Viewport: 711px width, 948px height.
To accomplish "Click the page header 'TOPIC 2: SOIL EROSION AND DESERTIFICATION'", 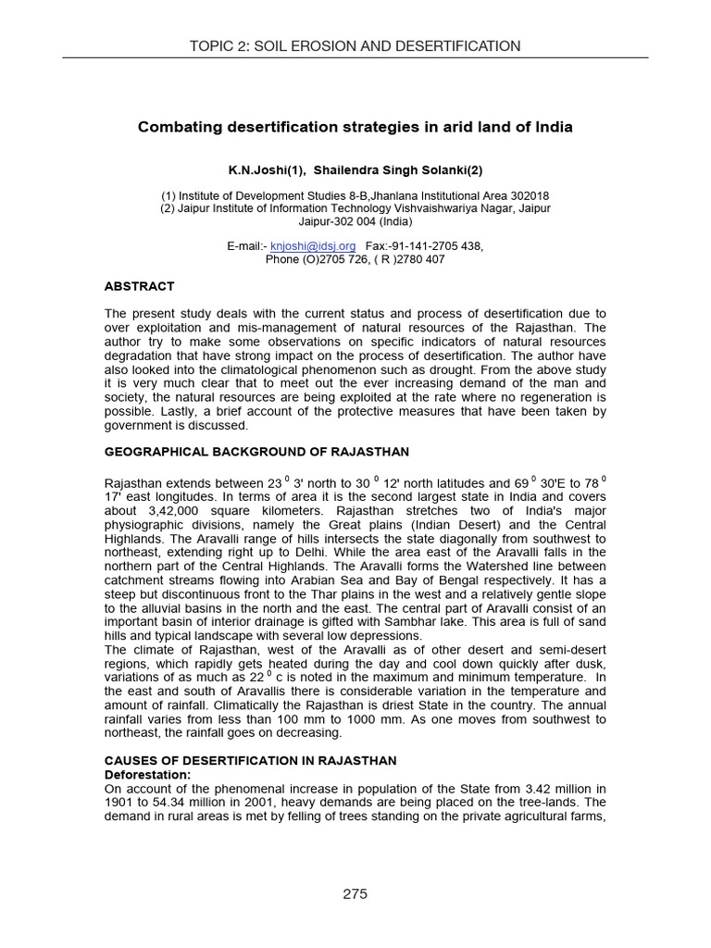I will (x=355, y=46).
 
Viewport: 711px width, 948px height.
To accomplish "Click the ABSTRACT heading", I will (x=139, y=287).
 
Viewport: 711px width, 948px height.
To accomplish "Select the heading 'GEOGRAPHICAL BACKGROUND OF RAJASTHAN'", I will (x=256, y=452).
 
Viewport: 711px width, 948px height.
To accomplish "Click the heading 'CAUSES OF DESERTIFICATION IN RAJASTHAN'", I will (x=250, y=761).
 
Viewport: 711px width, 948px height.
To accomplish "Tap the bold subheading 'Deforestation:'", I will (x=148, y=774).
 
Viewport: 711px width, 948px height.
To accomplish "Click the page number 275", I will (x=355, y=893).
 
